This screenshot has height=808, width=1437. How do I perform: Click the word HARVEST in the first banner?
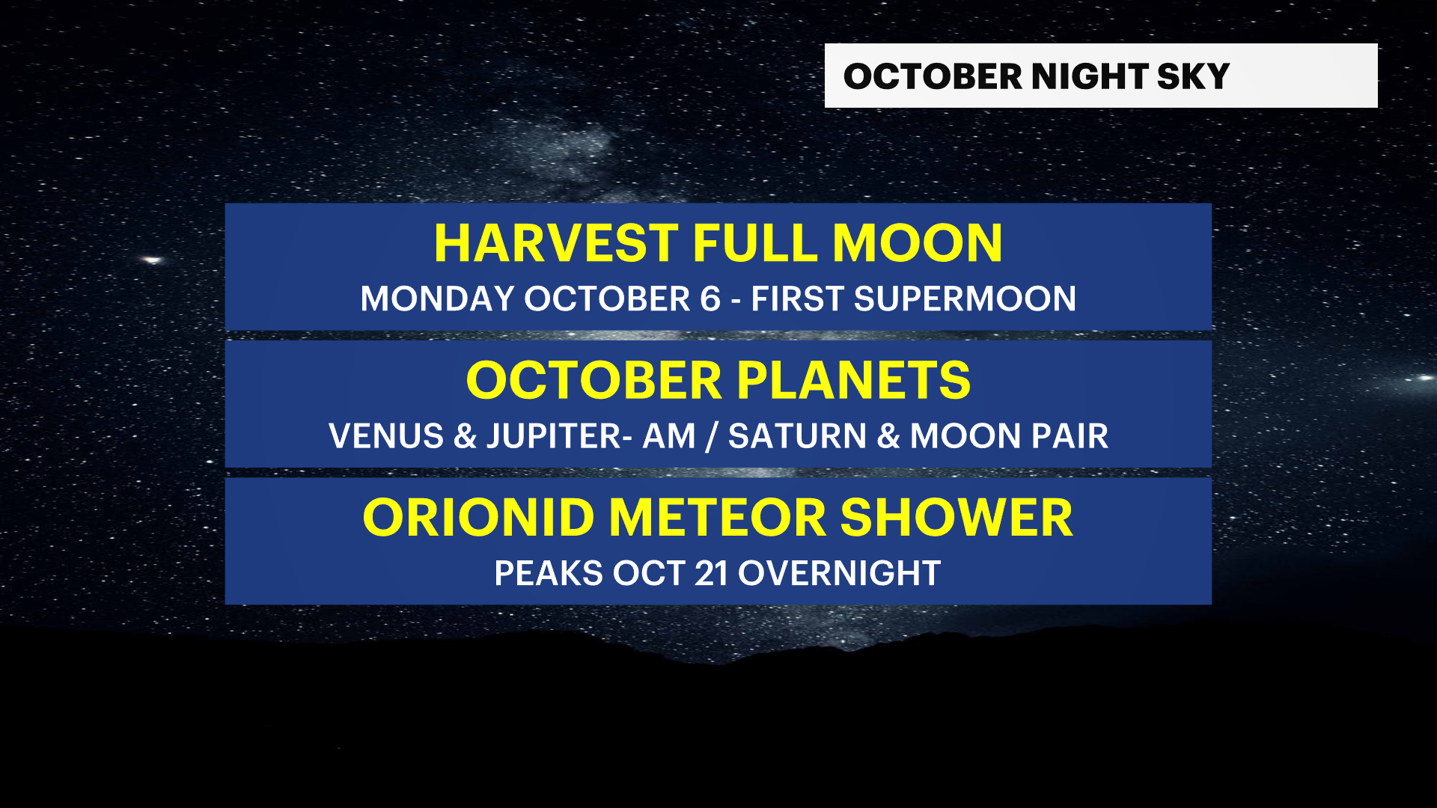pos(556,243)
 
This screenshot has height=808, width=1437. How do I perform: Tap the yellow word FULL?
pos(755,243)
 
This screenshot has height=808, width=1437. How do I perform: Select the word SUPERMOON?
pos(965,299)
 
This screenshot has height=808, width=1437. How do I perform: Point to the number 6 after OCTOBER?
pos(710,299)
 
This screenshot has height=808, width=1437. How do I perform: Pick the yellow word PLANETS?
pos(853,380)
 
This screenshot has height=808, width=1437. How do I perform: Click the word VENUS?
pos(386,436)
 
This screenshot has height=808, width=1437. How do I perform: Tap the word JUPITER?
pos(554,436)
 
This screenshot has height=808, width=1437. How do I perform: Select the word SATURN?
pos(797,436)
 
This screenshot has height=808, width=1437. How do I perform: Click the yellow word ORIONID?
pos(479,518)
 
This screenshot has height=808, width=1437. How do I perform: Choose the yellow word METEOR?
pos(717,518)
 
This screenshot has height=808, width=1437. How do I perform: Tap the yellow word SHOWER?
pos(957,518)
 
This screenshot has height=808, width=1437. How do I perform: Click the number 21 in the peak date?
pos(711,574)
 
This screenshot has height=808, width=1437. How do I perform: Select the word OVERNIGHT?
pos(839,574)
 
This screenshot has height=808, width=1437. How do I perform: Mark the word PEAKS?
pos(549,574)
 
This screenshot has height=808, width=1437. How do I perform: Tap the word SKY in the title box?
pos(1193,76)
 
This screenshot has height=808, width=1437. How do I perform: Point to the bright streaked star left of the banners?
pos(153,260)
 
